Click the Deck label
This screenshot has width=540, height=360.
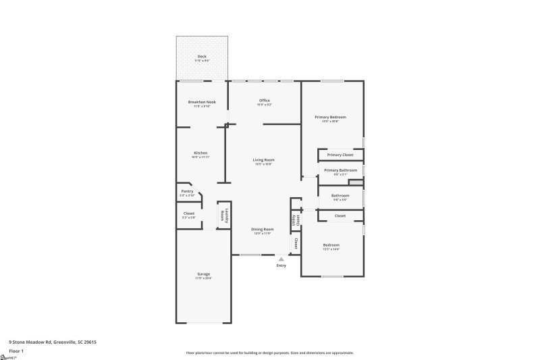(202, 56)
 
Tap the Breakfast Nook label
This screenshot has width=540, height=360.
(202, 101)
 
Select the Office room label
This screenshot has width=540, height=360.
(265, 100)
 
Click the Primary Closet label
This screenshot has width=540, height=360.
(340, 155)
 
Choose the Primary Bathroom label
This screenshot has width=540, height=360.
(340, 170)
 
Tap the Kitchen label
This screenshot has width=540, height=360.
(200, 153)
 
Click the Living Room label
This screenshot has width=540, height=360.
(264, 159)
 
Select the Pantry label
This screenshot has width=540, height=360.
(187, 191)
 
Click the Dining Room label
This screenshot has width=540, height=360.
(263, 229)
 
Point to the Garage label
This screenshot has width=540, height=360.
(203, 274)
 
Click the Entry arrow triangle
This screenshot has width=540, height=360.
(281, 259)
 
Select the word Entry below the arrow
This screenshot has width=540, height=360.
(281, 265)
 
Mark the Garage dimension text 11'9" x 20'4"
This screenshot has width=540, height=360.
(203, 278)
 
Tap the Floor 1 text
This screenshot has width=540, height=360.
(16, 351)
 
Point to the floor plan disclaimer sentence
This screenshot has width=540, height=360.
(270, 353)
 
